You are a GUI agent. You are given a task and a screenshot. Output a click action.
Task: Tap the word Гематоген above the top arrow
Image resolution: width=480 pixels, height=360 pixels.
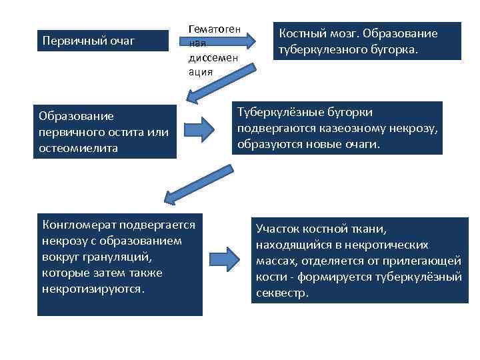[x=212, y=30]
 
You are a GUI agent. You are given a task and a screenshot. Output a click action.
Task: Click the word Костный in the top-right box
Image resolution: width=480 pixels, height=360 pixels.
[x=301, y=33]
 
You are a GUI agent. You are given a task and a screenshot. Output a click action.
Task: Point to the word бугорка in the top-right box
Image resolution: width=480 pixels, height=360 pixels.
[x=393, y=49]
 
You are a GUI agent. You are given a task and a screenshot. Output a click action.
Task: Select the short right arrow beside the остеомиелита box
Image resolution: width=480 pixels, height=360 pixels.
[x=199, y=129]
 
